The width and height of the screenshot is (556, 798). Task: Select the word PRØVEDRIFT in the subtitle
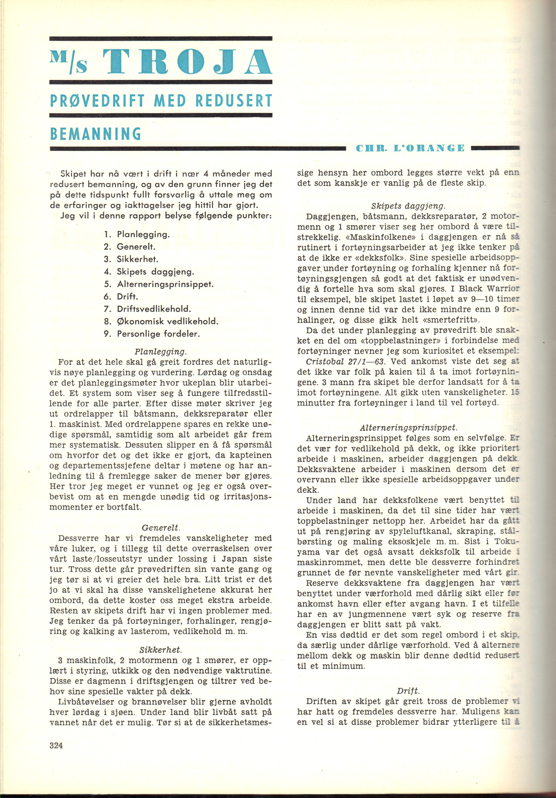(x=97, y=101)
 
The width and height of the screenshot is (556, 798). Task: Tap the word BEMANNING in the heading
(x=95, y=133)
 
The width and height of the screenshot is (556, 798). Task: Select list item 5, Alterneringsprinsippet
(x=165, y=284)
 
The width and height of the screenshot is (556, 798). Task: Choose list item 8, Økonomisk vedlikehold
(x=168, y=321)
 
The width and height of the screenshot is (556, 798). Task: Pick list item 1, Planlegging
(x=143, y=234)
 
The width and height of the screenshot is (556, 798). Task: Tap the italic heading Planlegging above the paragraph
(x=161, y=351)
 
